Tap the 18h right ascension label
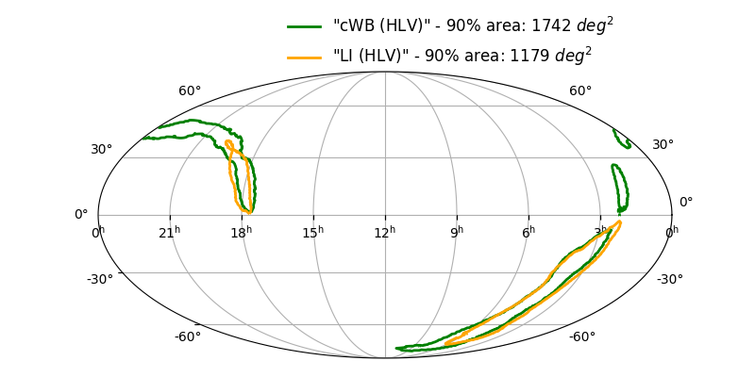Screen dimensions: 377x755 click(242, 232)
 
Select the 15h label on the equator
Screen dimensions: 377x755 click(313, 232)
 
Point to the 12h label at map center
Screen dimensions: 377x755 click(385, 232)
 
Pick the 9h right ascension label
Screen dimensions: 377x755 click(457, 232)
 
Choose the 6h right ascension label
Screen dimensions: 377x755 click(528, 232)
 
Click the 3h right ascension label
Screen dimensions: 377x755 click(601, 232)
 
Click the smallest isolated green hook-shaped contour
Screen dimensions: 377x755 click(621, 139)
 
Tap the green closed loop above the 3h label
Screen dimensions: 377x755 click(620, 187)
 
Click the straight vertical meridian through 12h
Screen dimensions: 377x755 click(385, 141)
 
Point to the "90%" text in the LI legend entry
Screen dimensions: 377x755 click(443, 57)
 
